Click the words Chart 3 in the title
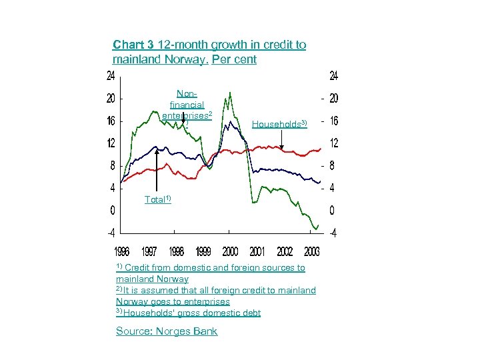(x=134, y=45)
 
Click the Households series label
(x=279, y=124)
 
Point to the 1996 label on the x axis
(x=121, y=251)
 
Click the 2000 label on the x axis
(x=229, y=251)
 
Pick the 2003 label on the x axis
(x=311, y=251)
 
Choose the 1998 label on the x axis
(x=176, y=251)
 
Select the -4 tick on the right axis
(x=331, y=233)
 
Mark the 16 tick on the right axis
(x=333, y=121)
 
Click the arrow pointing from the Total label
(x=157, y=170)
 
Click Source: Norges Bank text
(x=167, y=331)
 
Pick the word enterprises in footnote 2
(x=197, y=301)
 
